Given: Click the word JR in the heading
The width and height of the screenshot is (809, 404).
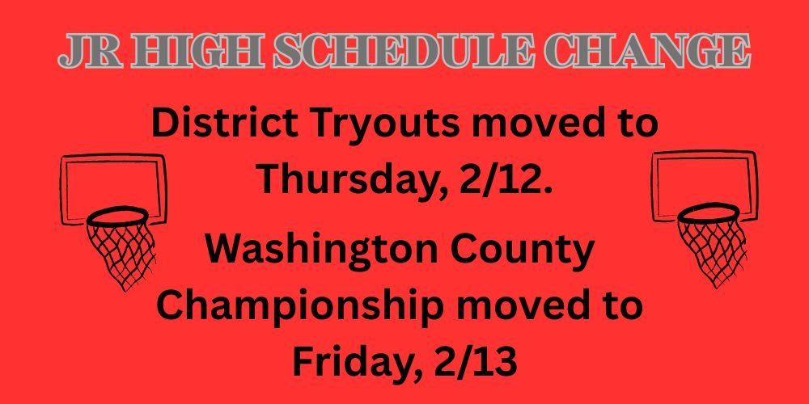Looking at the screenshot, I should pos(82,52).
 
